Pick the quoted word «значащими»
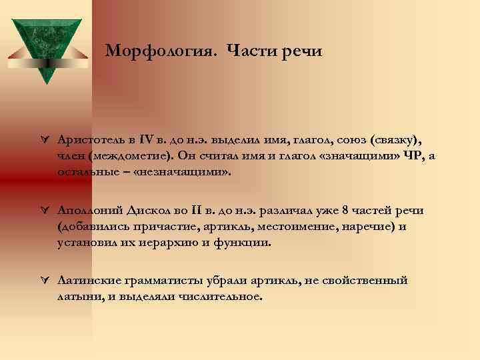coord(361,155)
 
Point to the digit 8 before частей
coord(345,211)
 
